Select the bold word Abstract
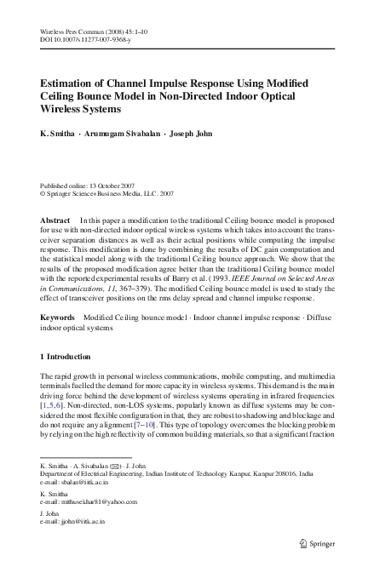(55, 220)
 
